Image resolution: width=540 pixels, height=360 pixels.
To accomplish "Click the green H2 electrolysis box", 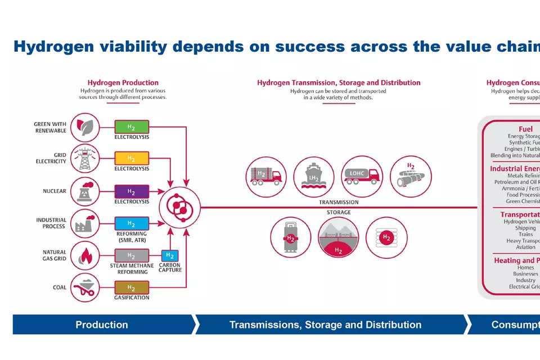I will pyautogui.click(x=132, y=127).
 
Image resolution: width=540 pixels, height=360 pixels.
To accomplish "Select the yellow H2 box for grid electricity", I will pyautogui.click(x=132, y=158).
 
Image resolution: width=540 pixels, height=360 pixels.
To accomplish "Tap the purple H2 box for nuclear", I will pyautogui.click(x=132, y=191).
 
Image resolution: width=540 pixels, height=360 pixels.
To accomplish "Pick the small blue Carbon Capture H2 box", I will pyautogui.click(x=169, y=256).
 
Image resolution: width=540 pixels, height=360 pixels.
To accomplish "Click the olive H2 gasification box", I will pyautogui.click(x=132, y=287).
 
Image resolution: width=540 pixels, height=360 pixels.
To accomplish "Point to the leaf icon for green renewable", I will pyautogui.click(x=85, y=128).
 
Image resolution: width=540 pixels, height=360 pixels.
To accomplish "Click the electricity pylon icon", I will pyautogui.click(x=85, y=159).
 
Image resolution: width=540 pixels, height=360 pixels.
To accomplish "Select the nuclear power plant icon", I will pyautogui.click(x=85, y=191).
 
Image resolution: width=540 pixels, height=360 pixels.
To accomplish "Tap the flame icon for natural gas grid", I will pyautogui.click(x=85, y=256).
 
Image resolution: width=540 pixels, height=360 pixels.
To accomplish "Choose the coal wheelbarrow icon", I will pyautogui.click(x=85, y=287).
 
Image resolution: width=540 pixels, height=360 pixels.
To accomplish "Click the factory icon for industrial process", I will pyautogui.click(x=85, y=223).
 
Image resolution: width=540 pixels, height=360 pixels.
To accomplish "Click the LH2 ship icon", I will pyautogui.click(x=314, y=176).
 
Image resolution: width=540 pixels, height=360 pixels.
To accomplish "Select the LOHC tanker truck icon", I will pyautogui.click(x=362, y=176).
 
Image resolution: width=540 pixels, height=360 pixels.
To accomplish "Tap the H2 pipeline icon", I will pyautogui.click(x=411, y=176).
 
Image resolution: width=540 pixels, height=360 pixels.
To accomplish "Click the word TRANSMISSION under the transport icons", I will pyautogui.click(x=339, y=202).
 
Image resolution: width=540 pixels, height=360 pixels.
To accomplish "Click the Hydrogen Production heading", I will pyautogui.click(x=123, y=83).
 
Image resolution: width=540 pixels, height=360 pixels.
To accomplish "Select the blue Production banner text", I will pyautogui.click(x=102, y=325).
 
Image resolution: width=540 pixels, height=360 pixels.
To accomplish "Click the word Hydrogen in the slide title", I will pyautogui.click(x=53, y=47).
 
